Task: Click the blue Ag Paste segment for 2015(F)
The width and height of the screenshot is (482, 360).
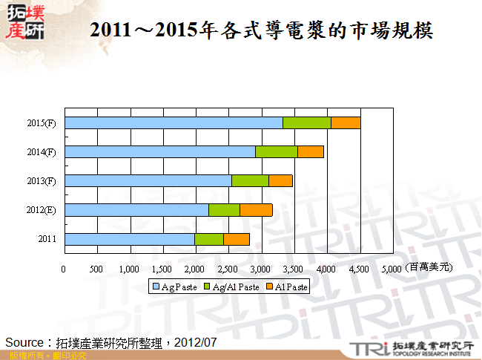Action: pyautogui.click(x=174, y=122)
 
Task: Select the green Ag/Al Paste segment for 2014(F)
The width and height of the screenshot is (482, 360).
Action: pyautogui.click(x=277, y=151)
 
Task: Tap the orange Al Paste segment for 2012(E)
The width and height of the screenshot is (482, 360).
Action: pyautogui.click(x=256, y=210)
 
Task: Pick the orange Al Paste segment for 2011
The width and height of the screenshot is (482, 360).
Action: pyautogui.click(x=237, y=239)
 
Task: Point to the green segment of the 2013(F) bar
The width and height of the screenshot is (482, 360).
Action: pyautogui.click(x=250, y=180)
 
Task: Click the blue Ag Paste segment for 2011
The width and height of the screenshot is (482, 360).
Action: pyautogui.click(x=130, y=239)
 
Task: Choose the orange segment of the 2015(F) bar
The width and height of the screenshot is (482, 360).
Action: pyautogui.click(x=346, y=122)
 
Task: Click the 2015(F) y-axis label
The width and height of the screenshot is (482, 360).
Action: pyautogui.click(x=42, y=123)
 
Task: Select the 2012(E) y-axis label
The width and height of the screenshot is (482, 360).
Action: pyautogui.click(x=42, y=211)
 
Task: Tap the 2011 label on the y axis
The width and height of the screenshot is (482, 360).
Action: pyautogui.click(x=47, y=240)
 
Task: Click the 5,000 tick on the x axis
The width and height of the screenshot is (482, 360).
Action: pyautogui.click(x=392, y=269)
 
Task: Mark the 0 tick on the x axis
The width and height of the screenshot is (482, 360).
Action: pyautogui.click(x=64, y=269)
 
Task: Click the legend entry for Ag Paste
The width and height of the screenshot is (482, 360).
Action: pyautogui.click(x=175, y=287)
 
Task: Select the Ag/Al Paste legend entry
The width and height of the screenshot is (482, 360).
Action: pyautogui.click(x=233, y=287)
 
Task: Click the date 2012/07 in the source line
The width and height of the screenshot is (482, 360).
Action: pyautogui.click(x=194, y=342)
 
